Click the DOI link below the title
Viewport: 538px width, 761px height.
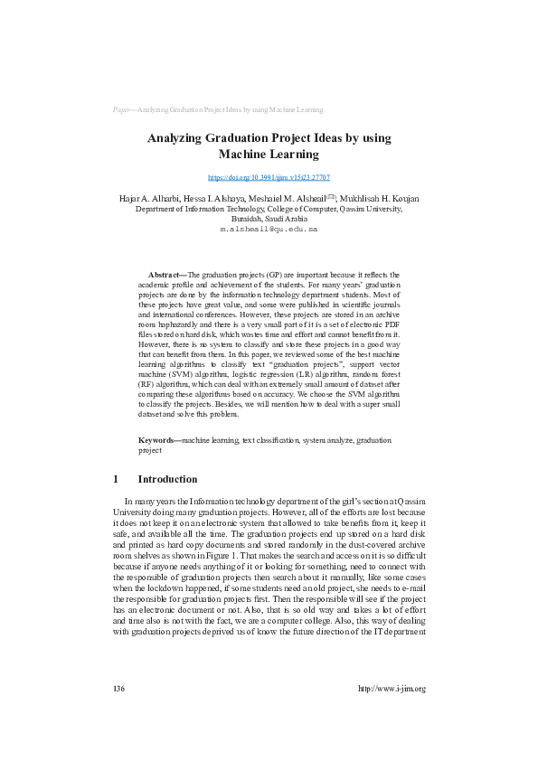pyautogui.click(x=269, y=178)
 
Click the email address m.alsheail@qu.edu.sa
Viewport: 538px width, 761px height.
pyautogui.click(x=269, y=230)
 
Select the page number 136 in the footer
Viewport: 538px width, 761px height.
pyautogui.click(x=118, y=689)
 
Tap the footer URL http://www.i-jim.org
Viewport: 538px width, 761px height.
pyautogui.click(x=392, y=689)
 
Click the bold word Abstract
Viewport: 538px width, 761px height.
pyautogui.click(x=165, y=273)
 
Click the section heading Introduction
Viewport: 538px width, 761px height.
pyautogui.click(x=166, y=479)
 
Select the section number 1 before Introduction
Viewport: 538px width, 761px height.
pyautogui.click(x=116, y=479)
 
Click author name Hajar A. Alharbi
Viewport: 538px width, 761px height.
pyautogui.click(x=147, y=198)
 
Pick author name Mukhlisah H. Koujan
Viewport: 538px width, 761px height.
pyautogui.click(x=381, y=198)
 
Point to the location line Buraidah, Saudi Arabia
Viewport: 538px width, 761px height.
pyautogui.click(x=269, y=219)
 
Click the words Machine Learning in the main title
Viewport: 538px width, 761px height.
pyautogui.click(x=269, y=155)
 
